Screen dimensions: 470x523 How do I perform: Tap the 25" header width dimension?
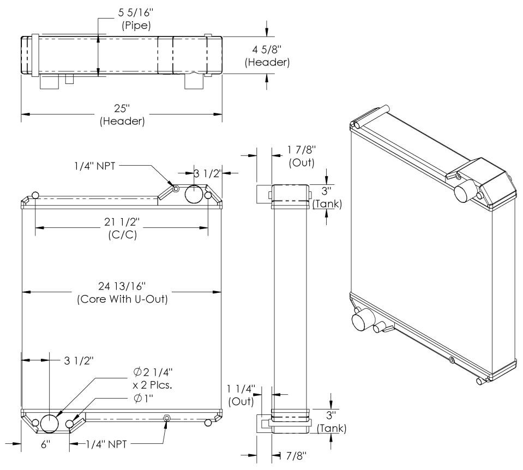[122, 115]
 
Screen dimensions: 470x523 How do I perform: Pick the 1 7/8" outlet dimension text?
[300, 154]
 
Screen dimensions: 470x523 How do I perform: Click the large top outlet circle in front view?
[194, 194]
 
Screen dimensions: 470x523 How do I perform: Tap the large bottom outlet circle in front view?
[49, 423]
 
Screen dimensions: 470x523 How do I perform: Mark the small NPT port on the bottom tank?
[167, 418]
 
